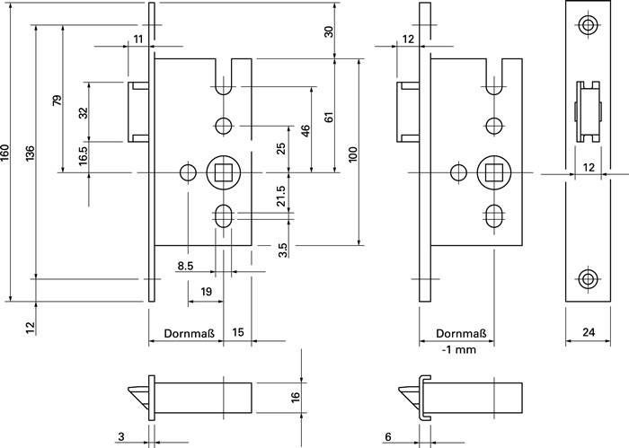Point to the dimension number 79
click(x=58, y=100)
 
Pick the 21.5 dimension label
click(x=281, y=196)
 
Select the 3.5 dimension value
click(x=282, y=250)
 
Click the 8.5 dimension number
click(x=187, y=266)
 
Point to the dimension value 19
click(x=206, y=292)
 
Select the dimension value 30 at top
click(x=328, y=31)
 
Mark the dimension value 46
click(x=306, y=129)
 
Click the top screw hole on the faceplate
click(x=588, y=25)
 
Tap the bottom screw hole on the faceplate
click(x=588, y=278)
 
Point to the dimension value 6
click(x=387, y=437)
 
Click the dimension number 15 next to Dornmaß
click(x=237, y=333)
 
